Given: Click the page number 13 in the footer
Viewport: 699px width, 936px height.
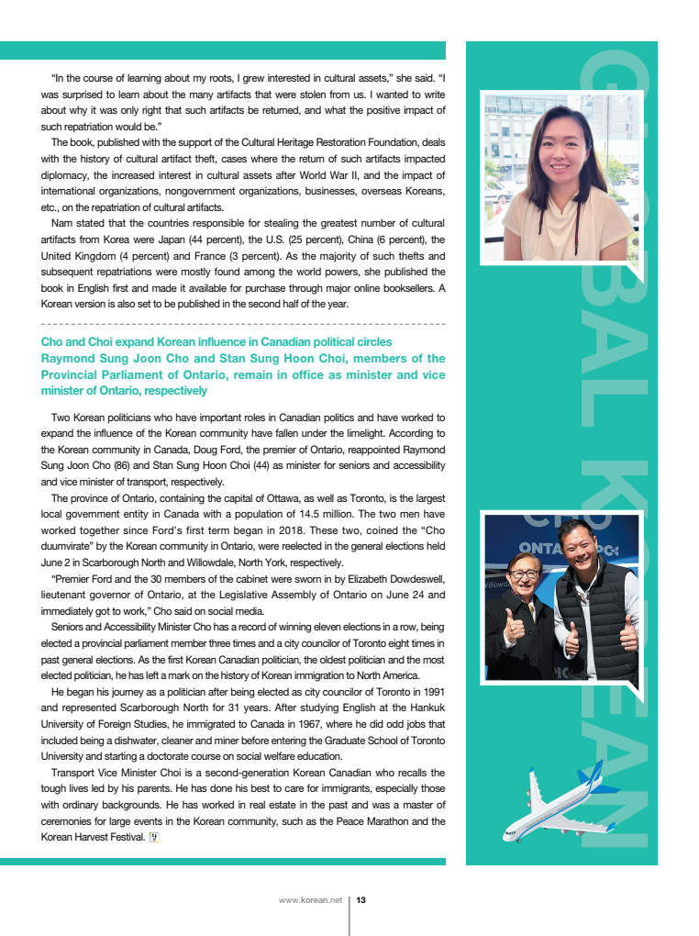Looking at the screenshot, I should (361, 900).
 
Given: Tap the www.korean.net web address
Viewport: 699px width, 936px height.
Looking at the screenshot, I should (310, 900).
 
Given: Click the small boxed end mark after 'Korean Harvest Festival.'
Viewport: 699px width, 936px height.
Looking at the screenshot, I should (154, 837).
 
